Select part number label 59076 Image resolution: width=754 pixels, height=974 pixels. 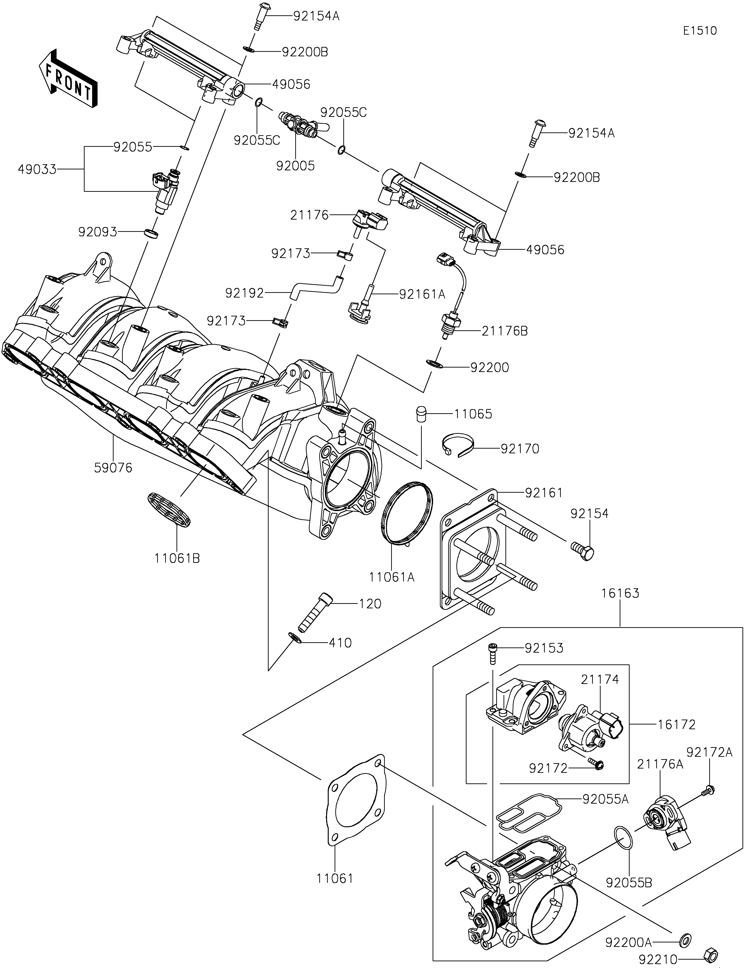coord(113,468)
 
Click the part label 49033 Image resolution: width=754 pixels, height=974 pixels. coord(37,169)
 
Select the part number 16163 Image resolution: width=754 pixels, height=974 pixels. coord(620,593)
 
